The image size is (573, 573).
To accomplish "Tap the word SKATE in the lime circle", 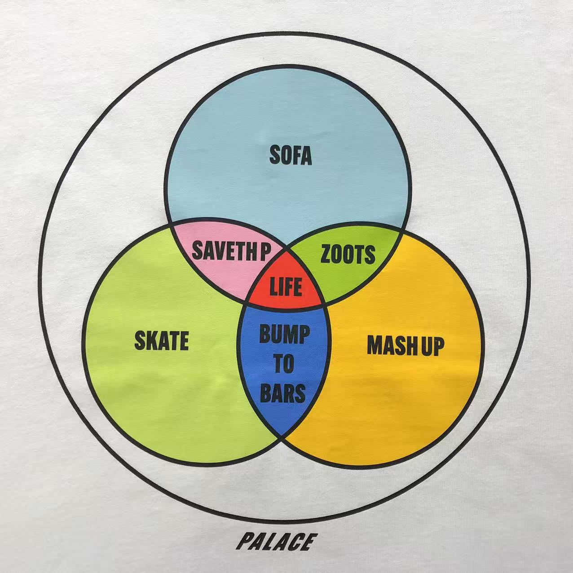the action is click(162, 341).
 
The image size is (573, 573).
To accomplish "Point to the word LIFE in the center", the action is click(286, 286).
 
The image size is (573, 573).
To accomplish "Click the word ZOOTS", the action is click(347, 254).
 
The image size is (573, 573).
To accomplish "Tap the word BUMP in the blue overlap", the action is click(284, 334).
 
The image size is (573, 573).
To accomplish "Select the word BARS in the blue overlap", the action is click(283, 393).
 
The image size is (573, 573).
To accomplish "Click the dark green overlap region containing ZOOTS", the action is click(346, 256).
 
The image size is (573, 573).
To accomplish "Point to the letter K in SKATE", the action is click(152, 341).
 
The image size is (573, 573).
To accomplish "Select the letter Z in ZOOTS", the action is click(326, 254).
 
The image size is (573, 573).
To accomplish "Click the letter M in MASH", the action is click(375, 345).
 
